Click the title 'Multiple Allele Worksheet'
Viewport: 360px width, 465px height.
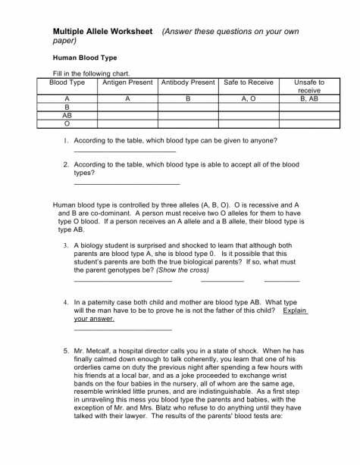click(x=103, y=31)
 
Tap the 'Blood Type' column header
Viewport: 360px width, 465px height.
click(x=67, y=82)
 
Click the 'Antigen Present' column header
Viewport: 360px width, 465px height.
click(x=127, y=82)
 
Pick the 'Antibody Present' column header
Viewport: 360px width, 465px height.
click(x=187, y=82)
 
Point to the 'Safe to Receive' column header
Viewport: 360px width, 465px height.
click(x=248, y=82)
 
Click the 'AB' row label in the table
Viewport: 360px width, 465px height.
click(x=67, y=116)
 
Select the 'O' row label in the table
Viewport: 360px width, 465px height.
click(x=67, y=124)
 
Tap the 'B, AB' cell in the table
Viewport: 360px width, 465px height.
click(x=308, y=98)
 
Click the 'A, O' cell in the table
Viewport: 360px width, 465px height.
click(x=248, y=98)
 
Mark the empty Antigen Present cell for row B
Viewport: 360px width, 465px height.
click(x=127, y=108)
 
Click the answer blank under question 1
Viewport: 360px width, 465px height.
click(x=124, y=152)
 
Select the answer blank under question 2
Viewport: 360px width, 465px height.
click(x=127, y=184)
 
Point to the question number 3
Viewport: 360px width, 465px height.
click(x=66, y=245)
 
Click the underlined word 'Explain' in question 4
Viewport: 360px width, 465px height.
click(x=295, y=310)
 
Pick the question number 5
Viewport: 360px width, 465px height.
click(x=66, y=351)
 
